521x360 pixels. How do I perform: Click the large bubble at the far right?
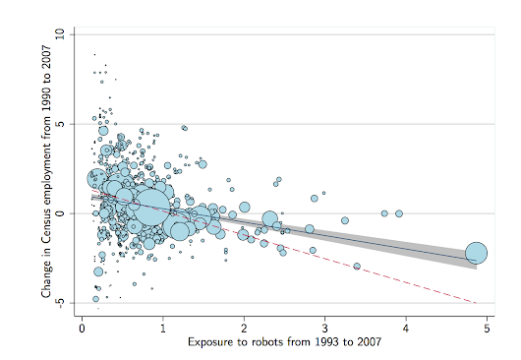click(x=476, y=253)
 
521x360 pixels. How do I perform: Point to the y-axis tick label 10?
click(x=60, y=33)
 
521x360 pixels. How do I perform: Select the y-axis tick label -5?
click(x=60, y=304)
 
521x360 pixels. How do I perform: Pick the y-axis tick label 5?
click(x=60, y=124)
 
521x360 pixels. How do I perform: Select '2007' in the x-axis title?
click(x=362, y=342)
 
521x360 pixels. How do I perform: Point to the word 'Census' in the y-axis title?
click(x=45, y=227)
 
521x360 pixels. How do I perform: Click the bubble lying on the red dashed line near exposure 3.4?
click(x=357, y=266)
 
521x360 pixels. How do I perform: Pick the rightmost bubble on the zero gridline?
click(x=399, y=213)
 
